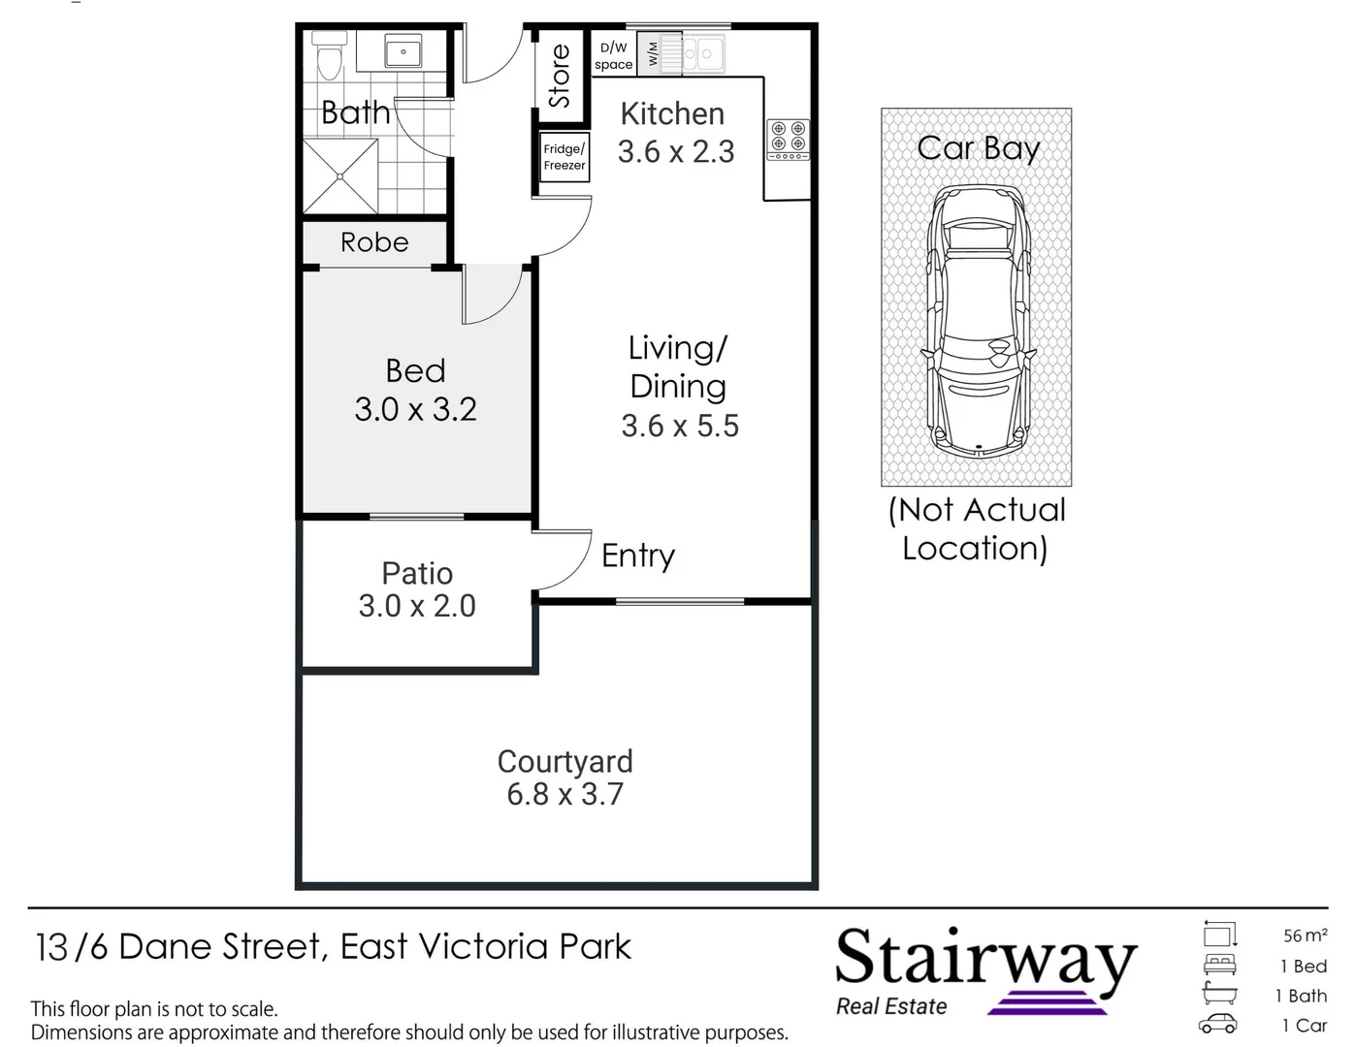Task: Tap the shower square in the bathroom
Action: tap(339, 175)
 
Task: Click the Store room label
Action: tap(560, 76)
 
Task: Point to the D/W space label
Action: tap(613, 56)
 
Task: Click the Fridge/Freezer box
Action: tap(565, 157)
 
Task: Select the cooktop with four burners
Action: tap(789, 140)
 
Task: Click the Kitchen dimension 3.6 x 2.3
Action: tap(676, 152)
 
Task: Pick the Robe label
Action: tap(374, 242)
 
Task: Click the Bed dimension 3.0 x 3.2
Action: tap(415, 409)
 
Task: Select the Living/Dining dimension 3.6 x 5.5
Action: tap(680, 426)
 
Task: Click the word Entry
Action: tap(637, 555)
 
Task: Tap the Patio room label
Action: tap(417, 573)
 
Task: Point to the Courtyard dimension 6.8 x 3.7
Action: tap(565, 794)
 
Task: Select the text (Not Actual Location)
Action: tap(976, 528)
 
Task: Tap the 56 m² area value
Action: tap(1305, 936)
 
